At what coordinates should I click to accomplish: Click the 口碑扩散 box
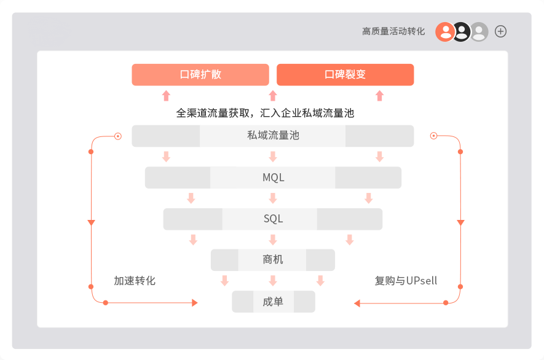coord(200,74)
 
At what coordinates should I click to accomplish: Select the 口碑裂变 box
coord(345,74)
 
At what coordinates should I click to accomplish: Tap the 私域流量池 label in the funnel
coord(272,135)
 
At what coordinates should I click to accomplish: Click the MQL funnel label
coord(273,178)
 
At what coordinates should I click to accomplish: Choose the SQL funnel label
coord(273,219)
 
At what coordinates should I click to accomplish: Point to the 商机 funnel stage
coord(273,259)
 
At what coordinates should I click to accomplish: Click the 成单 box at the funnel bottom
coord(273,302)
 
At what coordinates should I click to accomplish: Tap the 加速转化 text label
coord(135,281)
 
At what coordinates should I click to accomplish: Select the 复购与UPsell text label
coord(406,281)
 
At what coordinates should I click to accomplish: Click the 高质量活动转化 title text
coord(393,31)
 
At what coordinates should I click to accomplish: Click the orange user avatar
coord(445,31)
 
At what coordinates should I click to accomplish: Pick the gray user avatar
coord(479,31)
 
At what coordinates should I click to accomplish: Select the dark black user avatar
coord(462,31)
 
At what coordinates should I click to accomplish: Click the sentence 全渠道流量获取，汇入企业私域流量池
coord(265,114)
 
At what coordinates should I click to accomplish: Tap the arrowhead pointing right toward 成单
coord(194,302)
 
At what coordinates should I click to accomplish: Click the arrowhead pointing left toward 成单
coord(357,302)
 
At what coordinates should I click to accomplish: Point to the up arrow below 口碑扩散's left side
coord(166,95)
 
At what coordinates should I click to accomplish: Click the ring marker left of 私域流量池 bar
coord(118,135)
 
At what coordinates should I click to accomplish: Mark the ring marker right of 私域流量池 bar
coord(433,135)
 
